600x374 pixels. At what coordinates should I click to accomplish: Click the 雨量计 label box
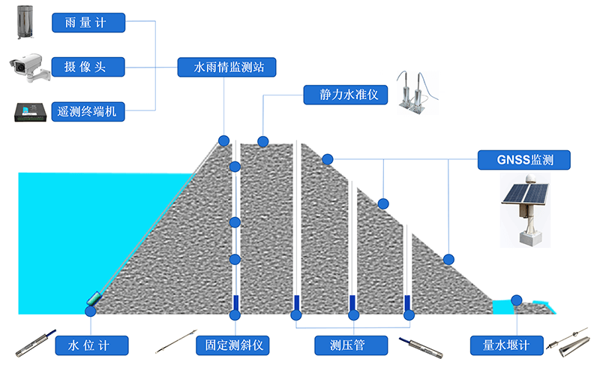click(88, 23)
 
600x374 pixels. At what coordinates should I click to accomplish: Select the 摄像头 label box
click(88, 67)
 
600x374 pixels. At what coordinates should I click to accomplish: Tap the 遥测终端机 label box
click(88, 113)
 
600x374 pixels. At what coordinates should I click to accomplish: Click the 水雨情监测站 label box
click(226, 67)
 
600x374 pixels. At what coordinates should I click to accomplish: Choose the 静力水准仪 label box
click(345, 95)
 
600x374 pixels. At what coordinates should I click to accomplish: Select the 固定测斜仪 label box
click(231, 345)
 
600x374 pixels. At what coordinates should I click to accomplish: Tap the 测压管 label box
click(350, 345)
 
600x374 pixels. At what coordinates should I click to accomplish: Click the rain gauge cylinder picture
click(25, 21)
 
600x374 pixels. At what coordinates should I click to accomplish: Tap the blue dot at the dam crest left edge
click(223, 140)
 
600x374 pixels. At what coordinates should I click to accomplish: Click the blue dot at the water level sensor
click(91, 310)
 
